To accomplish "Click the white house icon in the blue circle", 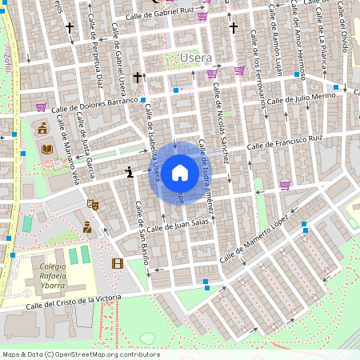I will [180, 172].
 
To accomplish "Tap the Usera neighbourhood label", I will [196, 58].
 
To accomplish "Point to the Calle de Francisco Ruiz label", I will [285, 142].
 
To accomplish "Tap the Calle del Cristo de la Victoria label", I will [74, 301].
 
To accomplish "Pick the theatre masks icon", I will [92, 205].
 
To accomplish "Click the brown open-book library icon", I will [46, 149].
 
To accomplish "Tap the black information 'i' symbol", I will [129, 172].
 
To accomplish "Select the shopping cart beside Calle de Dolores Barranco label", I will [40, 106].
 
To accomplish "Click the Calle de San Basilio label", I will [142, 232].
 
